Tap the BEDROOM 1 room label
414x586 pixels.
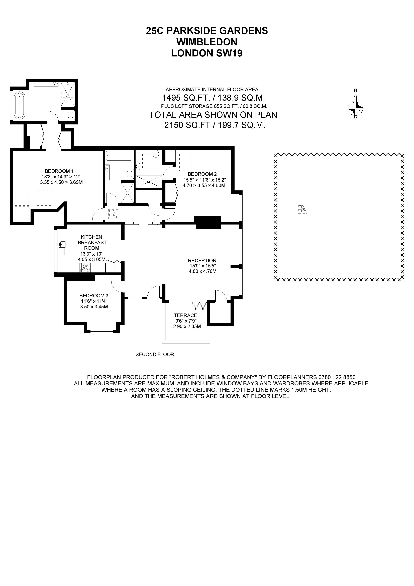tap(59, 171)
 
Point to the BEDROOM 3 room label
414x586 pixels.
tap(94, 296)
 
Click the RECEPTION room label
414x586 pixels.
tap(202, 261)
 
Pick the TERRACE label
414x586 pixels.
tap(185, 315)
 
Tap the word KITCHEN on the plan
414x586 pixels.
tap(91, 237)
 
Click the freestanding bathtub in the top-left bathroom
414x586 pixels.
tap(19, 105)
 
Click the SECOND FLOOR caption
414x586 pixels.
tap(155, 354)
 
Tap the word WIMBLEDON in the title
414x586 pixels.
tap(207, 42)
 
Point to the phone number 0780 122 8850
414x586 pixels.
tap(337, 377)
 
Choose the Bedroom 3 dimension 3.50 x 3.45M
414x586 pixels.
tap(94, 307)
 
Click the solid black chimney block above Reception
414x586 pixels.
tap(208, 222)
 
